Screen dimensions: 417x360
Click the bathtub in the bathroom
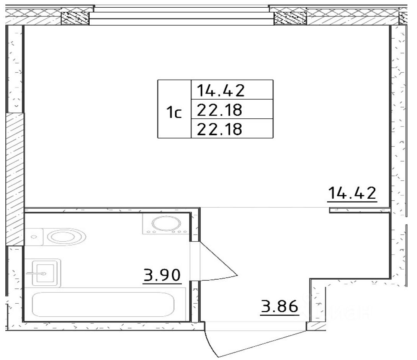(103, 304)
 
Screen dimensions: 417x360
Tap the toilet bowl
(67, 236)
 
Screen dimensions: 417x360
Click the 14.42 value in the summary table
(221, 90)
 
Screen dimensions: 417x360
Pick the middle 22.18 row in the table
(219, 110)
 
